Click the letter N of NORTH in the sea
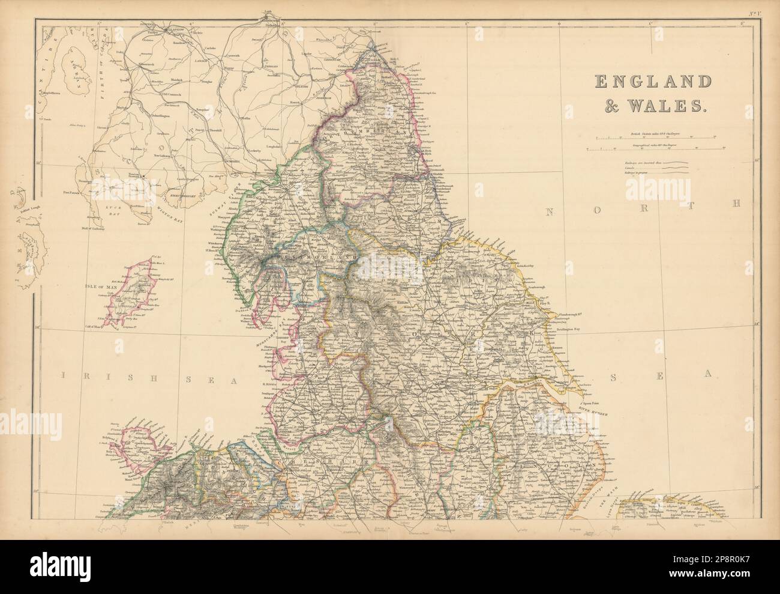point(550,211)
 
